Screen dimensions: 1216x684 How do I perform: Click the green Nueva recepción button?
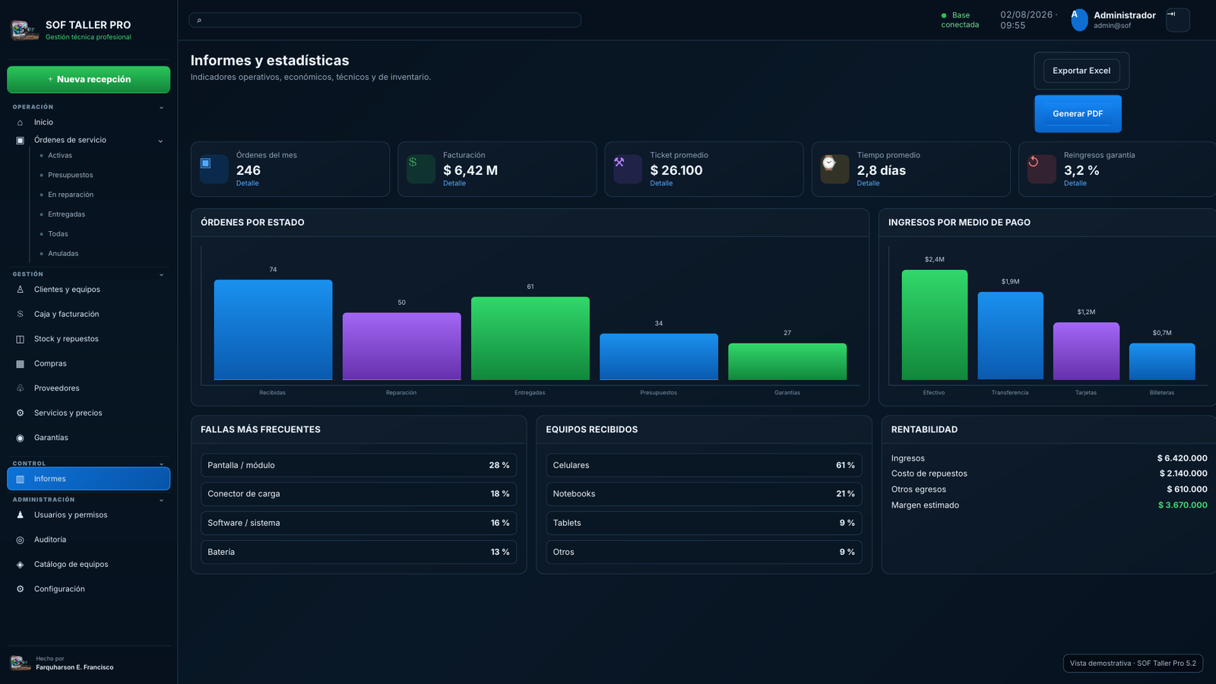click(88, 79)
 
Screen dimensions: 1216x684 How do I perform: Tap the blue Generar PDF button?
click(1078, 113)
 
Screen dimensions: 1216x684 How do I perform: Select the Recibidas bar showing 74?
click(273, 330)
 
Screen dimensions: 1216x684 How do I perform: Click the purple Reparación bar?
click(402, 346)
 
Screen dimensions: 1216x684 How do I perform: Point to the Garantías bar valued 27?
click(787, 361)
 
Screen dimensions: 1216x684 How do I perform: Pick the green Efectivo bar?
click(934, 325)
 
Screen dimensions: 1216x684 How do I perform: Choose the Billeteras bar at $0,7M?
click(1162, 361)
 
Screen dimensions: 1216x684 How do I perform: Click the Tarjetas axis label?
click(1086, 392)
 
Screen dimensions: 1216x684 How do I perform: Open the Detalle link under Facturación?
click(454, 183)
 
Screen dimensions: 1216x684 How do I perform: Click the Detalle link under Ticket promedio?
click(661, 183)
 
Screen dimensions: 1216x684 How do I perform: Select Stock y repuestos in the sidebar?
click(66, 339)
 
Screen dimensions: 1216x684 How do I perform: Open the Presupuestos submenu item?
click(71, 175)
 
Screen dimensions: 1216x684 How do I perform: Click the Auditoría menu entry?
click(50, 540)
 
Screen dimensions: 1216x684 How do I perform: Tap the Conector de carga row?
click(358, 494)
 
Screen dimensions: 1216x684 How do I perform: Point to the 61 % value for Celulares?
click(845, 465)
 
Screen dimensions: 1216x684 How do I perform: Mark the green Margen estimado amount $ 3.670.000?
click(1183, 505)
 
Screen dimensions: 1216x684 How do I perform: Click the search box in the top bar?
click(385, 20)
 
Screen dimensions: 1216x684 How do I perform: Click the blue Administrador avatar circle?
click(1079, 20)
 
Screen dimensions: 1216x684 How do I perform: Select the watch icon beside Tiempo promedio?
click(829, 163)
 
